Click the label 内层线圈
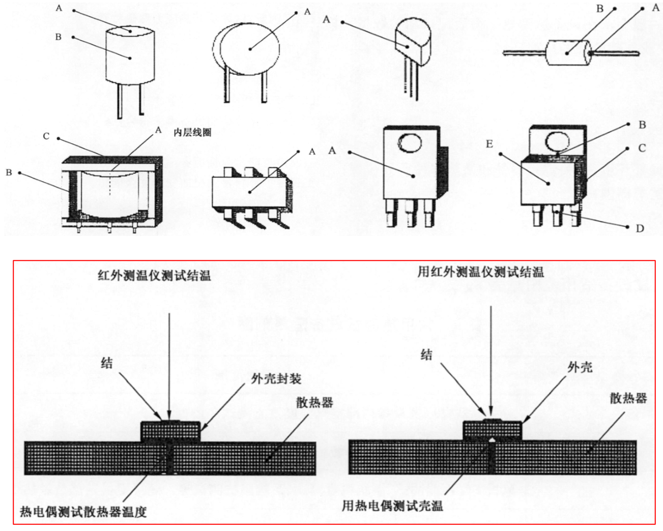(192, 132)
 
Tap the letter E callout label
(489, 144)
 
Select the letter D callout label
(640, 228)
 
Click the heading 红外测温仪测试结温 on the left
(154, 276)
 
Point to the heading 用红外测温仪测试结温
(480, 272)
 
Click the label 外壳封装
(276, 378)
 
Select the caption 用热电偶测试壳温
(392, 506)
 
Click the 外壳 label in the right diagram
(580, 367)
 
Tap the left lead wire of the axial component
(524, 52)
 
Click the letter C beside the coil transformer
(46, 136)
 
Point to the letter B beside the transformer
(9, 172)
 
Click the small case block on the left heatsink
(170, 430)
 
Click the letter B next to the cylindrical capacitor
(58, 37)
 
